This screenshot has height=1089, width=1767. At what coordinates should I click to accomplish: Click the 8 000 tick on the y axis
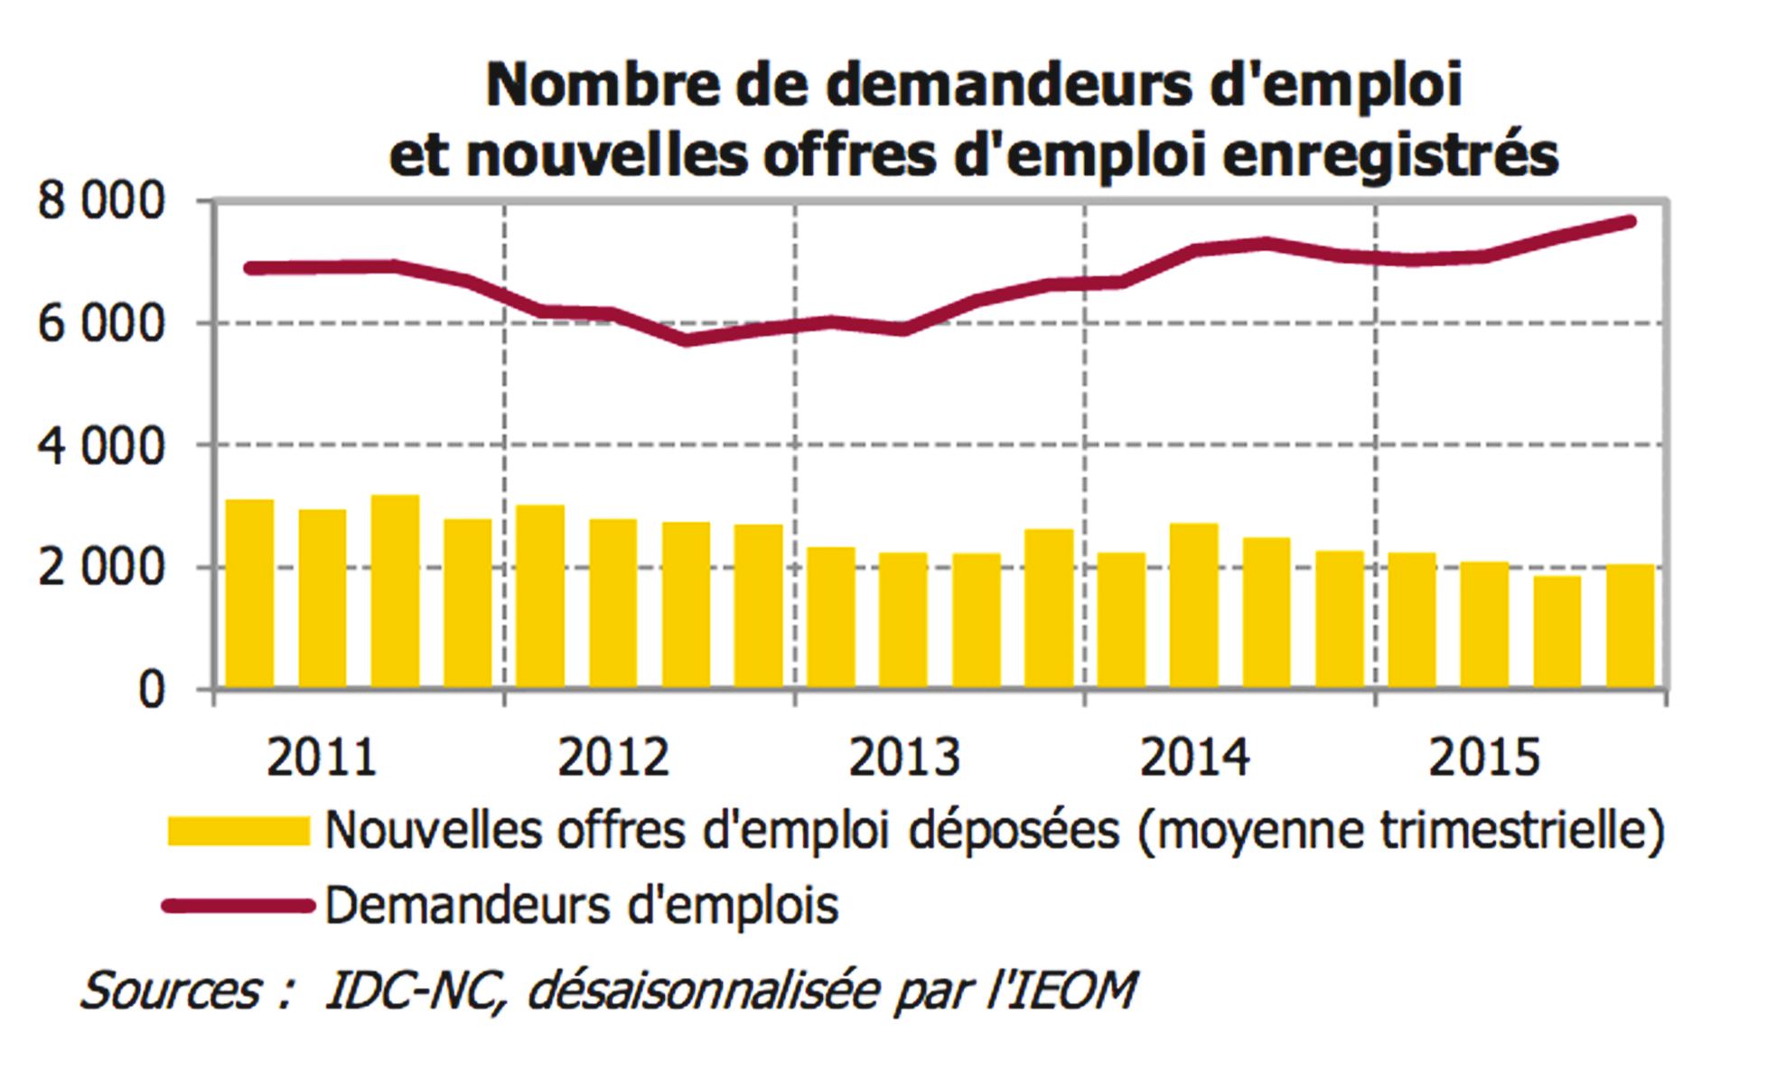pos(101,202)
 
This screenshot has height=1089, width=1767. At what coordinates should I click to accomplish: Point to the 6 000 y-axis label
pos(101,324)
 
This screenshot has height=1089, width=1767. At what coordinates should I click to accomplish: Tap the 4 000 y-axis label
pos(101,447)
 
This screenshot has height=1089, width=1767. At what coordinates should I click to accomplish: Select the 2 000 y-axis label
pos(101,569)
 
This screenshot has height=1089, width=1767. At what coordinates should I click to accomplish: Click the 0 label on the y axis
pos(152,691)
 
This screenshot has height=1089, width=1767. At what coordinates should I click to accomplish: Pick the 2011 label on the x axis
pos(321,758)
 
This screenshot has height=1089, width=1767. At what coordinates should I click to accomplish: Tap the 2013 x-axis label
pos(903,758)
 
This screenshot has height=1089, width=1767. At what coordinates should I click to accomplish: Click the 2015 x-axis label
pos(1483,758)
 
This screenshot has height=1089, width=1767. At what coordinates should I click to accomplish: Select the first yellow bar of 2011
pos(249,594)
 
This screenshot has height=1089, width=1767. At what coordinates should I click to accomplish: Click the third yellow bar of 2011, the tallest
pos(395,591)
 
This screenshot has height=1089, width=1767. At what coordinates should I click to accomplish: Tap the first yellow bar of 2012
pos(540,596)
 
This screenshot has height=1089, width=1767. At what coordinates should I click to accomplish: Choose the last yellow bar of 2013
pos(1049,609)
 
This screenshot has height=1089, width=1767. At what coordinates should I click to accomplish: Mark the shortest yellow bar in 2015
pos(1557,632)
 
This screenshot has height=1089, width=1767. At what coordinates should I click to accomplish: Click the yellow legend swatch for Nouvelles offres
pos(238,831)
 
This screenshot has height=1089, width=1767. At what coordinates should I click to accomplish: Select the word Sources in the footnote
pos(171,991)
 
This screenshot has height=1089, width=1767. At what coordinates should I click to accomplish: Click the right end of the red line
pos(1631,221)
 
